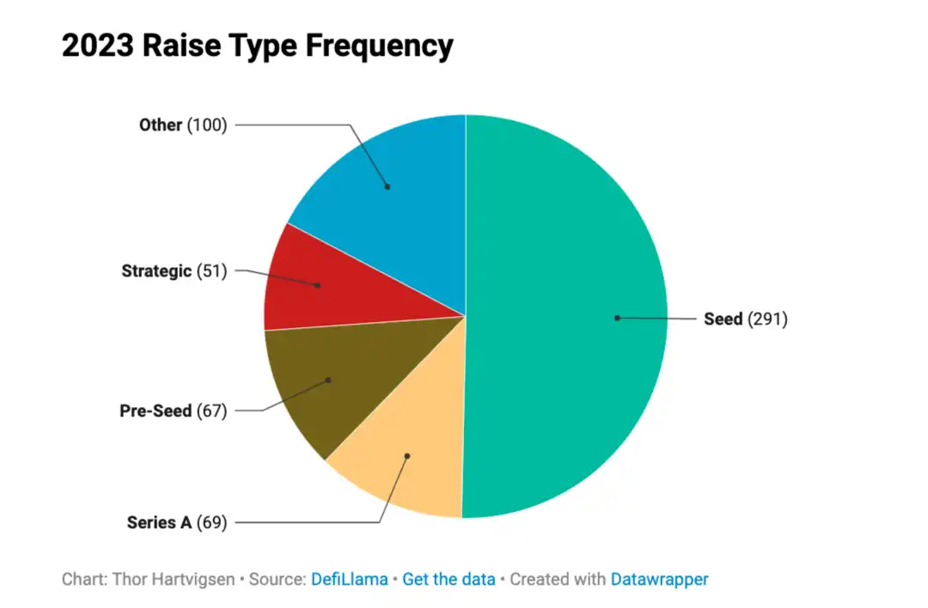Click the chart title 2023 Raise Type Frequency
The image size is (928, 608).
click(257, 46)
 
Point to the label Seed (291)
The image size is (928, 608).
click(745, 319)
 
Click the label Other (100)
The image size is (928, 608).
click(183, 125)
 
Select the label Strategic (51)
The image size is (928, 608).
click(174, 271)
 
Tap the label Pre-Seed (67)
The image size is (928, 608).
click(173, 410)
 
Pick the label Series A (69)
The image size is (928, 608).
click(177, 522)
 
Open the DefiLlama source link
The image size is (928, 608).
click(348, 579)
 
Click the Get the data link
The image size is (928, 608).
click(449, 579)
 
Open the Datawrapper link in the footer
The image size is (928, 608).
click(659, 579)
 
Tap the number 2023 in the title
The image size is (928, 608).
click(97, 46)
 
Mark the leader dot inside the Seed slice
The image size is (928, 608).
click(617, 318)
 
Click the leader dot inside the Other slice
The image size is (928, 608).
click(388, 186)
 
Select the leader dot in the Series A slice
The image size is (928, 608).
click(407, 455)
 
